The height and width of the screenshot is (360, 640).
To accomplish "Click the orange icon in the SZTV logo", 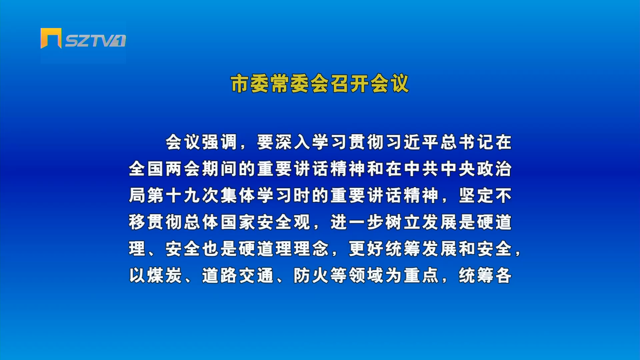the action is point(51,38).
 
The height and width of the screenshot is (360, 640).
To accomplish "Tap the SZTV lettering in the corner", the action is point(95,41).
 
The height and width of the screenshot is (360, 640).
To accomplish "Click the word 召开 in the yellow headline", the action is point(350,83).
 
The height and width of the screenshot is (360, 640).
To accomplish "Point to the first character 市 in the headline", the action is point(240,83).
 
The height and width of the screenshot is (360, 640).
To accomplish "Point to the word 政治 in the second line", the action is point(494,169).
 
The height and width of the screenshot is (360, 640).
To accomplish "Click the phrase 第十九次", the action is point(183,195).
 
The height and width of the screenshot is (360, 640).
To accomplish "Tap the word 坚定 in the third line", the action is point(476,195).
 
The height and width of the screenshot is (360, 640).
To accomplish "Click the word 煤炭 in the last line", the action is point(164,275).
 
